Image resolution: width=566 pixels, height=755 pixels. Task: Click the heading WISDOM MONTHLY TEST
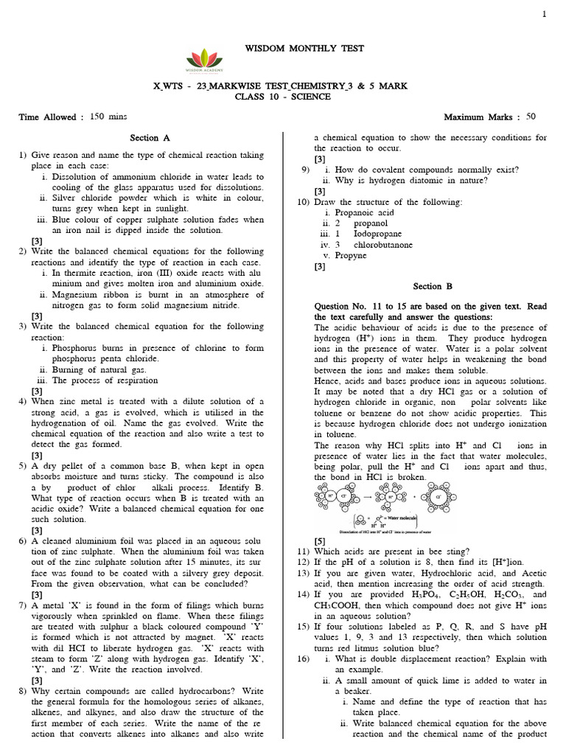(x=283, y=49)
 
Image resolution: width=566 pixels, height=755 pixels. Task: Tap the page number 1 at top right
(x=544, y=14)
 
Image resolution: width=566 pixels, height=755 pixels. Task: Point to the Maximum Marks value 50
(x=531, y=116)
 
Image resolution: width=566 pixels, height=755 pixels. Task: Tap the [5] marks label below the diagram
(x=320, y=540)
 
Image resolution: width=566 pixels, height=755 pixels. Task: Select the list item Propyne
(x=350, y=255)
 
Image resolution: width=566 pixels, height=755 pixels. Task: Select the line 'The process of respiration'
(x=105, y=380)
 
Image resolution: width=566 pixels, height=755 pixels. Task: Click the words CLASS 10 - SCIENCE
(x=282, y=97)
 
